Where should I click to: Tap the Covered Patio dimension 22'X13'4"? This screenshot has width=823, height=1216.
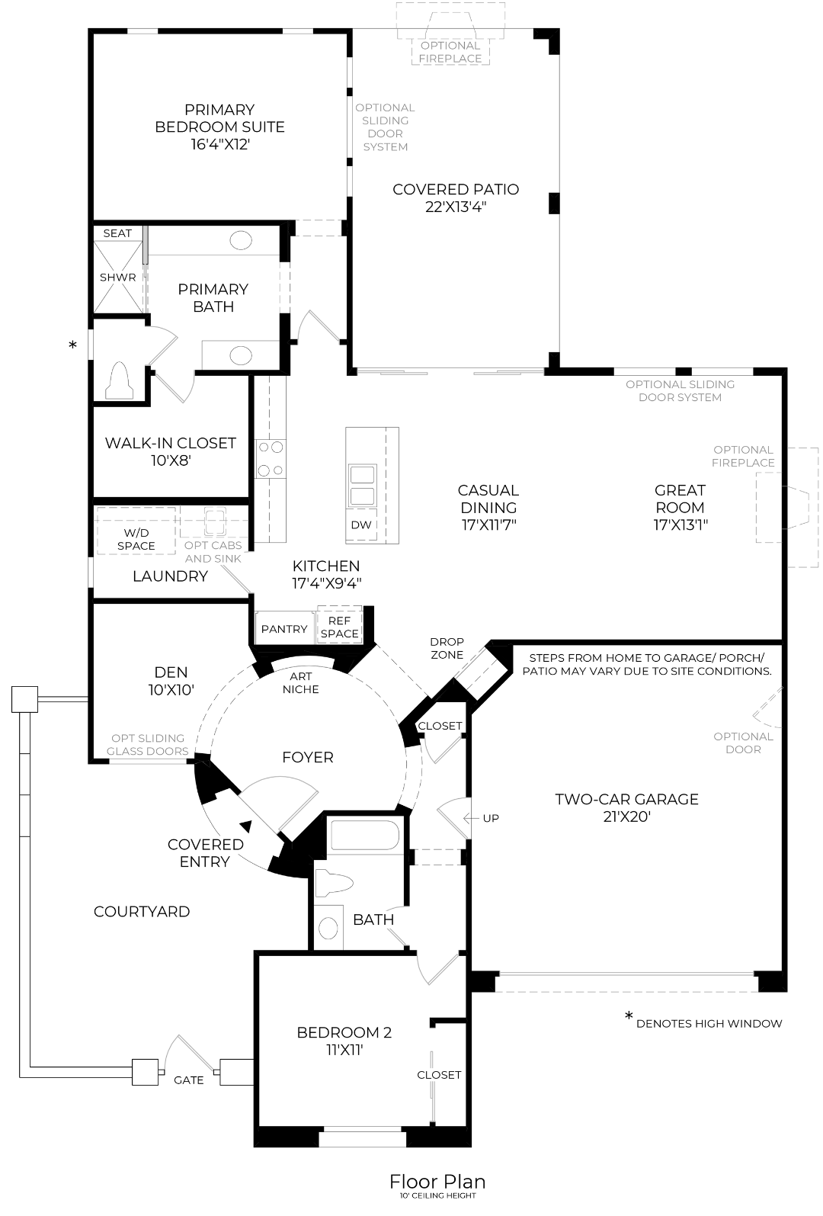pyautogui.click(x=456, y=207)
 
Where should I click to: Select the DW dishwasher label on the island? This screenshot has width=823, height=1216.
pyautogui.click(x=361, y=525)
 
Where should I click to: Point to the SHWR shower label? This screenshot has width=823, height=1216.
pyautogui.click(x=117, y=278)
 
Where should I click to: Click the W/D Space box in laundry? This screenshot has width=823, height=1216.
pyautogui.click(x=136, y=531)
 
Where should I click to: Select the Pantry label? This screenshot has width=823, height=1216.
pyautogui.click(x=284, y=629)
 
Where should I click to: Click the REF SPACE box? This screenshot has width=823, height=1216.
pyautogui.click(x=340, y=625)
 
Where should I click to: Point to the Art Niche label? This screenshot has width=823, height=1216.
pyautogui.click(x=300, y=683)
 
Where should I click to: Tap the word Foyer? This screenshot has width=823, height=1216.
pyautogui.click(x=308, y=757)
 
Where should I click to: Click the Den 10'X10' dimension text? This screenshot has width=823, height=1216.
pyautogui.click(x=171, y=690)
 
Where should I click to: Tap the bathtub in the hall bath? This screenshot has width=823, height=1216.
pyautogui.click(x=365, y=835)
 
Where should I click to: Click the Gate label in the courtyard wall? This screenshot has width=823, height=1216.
pyautogui.click(x=189, y=1080)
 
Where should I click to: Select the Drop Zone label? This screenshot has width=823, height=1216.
pyautogui.click(x=447, y=648)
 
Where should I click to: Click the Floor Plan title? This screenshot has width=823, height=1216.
pyautogui.click(x=437, y=1182)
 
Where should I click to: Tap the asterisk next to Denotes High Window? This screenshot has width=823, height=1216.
pyautogui.click(x=629, y=1015)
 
